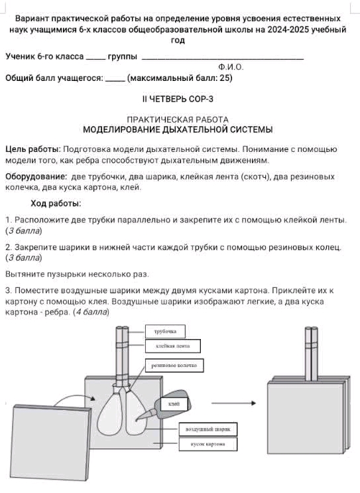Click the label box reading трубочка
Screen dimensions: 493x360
click(x=164, y=330)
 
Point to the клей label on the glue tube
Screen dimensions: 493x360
click(x=174, y=403)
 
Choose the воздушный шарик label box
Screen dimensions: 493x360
click(x=207, y=429)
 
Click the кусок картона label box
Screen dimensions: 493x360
click(x=207, y=444)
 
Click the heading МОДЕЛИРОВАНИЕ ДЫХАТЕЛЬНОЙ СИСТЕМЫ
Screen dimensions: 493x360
click(x=177, y=129)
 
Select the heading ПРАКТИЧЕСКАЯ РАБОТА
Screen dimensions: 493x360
click(x=177, y=119)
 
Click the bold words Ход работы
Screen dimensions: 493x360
click(x=56, y=203)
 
